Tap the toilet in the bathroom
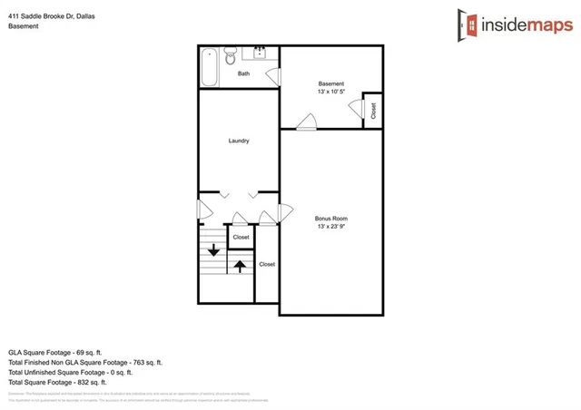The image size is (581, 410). tap(231, 52)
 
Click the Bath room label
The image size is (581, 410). tap(243, 73)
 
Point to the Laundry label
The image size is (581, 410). tap(239, 141)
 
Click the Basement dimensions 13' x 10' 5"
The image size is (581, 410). tap(331, 93)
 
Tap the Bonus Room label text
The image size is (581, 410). tap(331, 219)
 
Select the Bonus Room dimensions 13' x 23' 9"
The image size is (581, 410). tap(331, 227)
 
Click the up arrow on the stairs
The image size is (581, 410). tap(240, 266)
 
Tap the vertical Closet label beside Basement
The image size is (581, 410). tap(372, 110)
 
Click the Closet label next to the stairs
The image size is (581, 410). tap(241, 237)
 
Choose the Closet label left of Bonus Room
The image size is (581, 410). tap(267, 264)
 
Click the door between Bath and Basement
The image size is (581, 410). tap(273, 76)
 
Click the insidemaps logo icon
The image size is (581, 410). tap(468, 25)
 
